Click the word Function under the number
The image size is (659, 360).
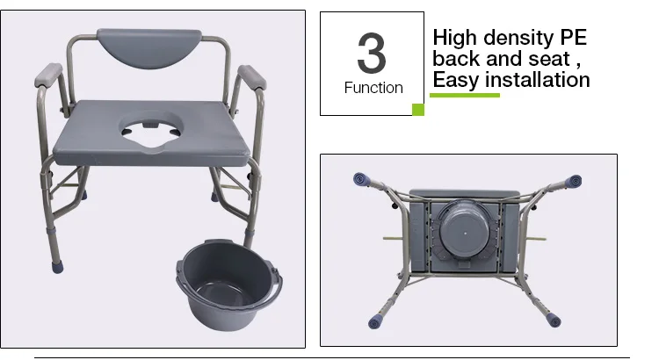pos(373,88)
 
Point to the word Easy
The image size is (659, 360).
pos(459,80)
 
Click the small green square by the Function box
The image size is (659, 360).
pos(418,110)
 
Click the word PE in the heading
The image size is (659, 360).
pos(568,39)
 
